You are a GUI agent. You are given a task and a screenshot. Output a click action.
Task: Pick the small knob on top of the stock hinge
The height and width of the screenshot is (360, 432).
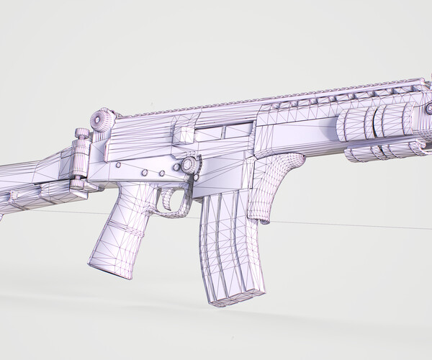pos(81,134)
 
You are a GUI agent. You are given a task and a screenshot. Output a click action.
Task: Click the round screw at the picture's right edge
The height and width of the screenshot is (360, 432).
pos(429,108)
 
